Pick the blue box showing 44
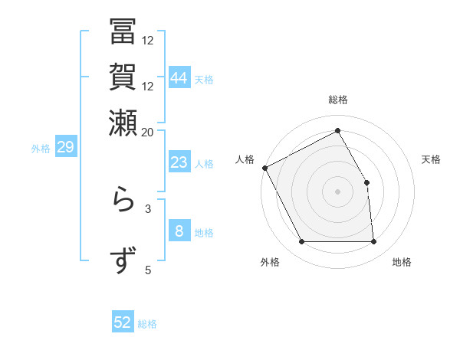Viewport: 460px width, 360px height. pos(179,77)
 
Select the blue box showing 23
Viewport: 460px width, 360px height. pos(179,162)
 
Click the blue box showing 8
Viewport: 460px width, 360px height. pos(179,231)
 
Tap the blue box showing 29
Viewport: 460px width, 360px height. pos(65,148)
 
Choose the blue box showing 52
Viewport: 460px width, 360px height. pos(123,322)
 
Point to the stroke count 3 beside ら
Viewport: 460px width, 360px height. pos(148,208)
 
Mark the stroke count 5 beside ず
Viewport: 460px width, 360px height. pos(148,269)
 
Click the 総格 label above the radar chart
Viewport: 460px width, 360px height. pos(338,100)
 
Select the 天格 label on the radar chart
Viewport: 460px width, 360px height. pos(431,159)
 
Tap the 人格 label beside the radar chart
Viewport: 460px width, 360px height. pos(245,159)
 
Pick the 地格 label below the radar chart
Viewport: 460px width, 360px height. pos(402,262)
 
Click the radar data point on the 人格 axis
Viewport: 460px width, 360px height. pos(264,168)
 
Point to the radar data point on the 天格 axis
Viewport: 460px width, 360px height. pos(366,182)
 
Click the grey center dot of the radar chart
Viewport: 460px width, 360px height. pos(338,191)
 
